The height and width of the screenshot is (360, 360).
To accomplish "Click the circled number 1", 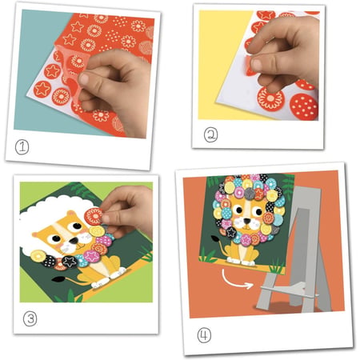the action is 22,147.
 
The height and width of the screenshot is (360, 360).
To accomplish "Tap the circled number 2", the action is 210,134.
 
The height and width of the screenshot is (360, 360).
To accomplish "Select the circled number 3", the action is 30,319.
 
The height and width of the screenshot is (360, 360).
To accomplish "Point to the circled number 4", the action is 204,335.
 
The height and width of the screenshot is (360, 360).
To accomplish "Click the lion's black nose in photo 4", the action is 247,221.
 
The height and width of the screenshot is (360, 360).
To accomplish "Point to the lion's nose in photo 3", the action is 74,241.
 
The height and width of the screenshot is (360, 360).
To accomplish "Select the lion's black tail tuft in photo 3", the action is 59,279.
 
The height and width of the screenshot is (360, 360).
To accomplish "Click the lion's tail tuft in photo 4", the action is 214,239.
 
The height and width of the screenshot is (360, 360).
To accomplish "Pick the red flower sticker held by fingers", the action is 94,216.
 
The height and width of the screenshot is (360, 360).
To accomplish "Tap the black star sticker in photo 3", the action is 70,262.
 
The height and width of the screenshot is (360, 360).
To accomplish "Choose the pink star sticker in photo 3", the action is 92,256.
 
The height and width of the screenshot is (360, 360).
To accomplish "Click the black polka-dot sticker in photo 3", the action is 50,262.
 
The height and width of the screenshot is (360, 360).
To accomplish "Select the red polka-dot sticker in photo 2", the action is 304,106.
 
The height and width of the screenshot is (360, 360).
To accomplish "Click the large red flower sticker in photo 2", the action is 270,98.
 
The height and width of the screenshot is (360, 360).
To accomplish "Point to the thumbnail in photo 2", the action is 257,65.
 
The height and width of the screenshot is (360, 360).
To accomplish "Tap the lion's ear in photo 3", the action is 71,214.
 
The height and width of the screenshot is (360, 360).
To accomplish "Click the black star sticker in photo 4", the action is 231,232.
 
